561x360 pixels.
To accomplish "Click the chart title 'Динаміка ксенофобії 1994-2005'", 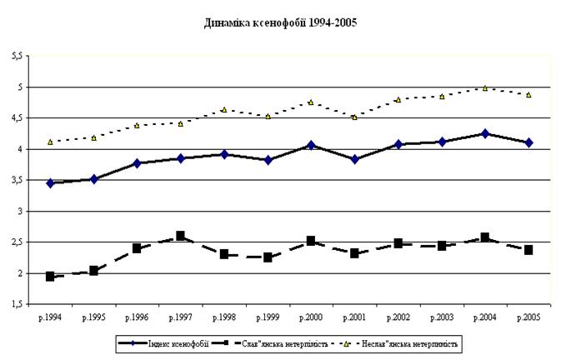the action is [x=280, y=22].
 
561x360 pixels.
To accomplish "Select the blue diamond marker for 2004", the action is [x=485, y=133].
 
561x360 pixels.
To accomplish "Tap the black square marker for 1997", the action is [x=180, y=236].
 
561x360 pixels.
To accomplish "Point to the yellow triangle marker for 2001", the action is [x=354, y=117].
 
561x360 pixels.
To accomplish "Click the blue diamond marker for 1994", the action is [x=50, y=183].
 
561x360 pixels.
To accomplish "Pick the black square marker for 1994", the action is [x=50, y=277].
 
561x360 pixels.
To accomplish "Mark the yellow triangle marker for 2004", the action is [x=485, y=88].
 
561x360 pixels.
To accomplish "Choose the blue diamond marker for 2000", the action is [x=311, y=145].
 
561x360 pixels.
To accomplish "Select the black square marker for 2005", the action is [x=528, y=249].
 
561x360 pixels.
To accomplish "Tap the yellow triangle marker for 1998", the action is [x=224, y=109].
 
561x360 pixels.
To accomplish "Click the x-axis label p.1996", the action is [x=137, y=317].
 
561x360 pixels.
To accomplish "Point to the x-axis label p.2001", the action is [x=354, y=317].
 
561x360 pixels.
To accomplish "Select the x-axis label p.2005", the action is [x=528, y=317].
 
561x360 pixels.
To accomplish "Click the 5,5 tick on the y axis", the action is [x=18, y=56].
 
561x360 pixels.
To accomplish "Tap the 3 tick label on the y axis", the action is [x=20, y=212].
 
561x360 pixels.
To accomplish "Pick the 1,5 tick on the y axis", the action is [x=18, y=304].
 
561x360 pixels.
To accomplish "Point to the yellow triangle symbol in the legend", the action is [x=346, y=344].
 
